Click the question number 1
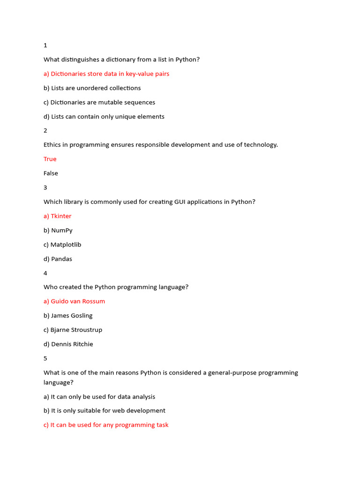click(45, 45)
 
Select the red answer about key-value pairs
click(106, 74)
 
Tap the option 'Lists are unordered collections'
click(92, 88)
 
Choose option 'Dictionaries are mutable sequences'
click(99, 102)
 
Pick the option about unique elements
click(104, 116)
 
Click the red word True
click(50, 159)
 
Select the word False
click(51, 173)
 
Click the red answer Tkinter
click(58, 216)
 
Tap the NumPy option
click(58, 230)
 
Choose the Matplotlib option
click(62, 245)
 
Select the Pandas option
click(58, 259)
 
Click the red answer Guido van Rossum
click(74, 301)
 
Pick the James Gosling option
click(68, 315)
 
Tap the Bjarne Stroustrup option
click(73, 330)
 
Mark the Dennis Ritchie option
click(68, 344)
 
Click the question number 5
click(45, 358)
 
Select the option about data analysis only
click(99, 397)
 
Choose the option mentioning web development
click(105, 411)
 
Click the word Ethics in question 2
click(53, 145)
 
